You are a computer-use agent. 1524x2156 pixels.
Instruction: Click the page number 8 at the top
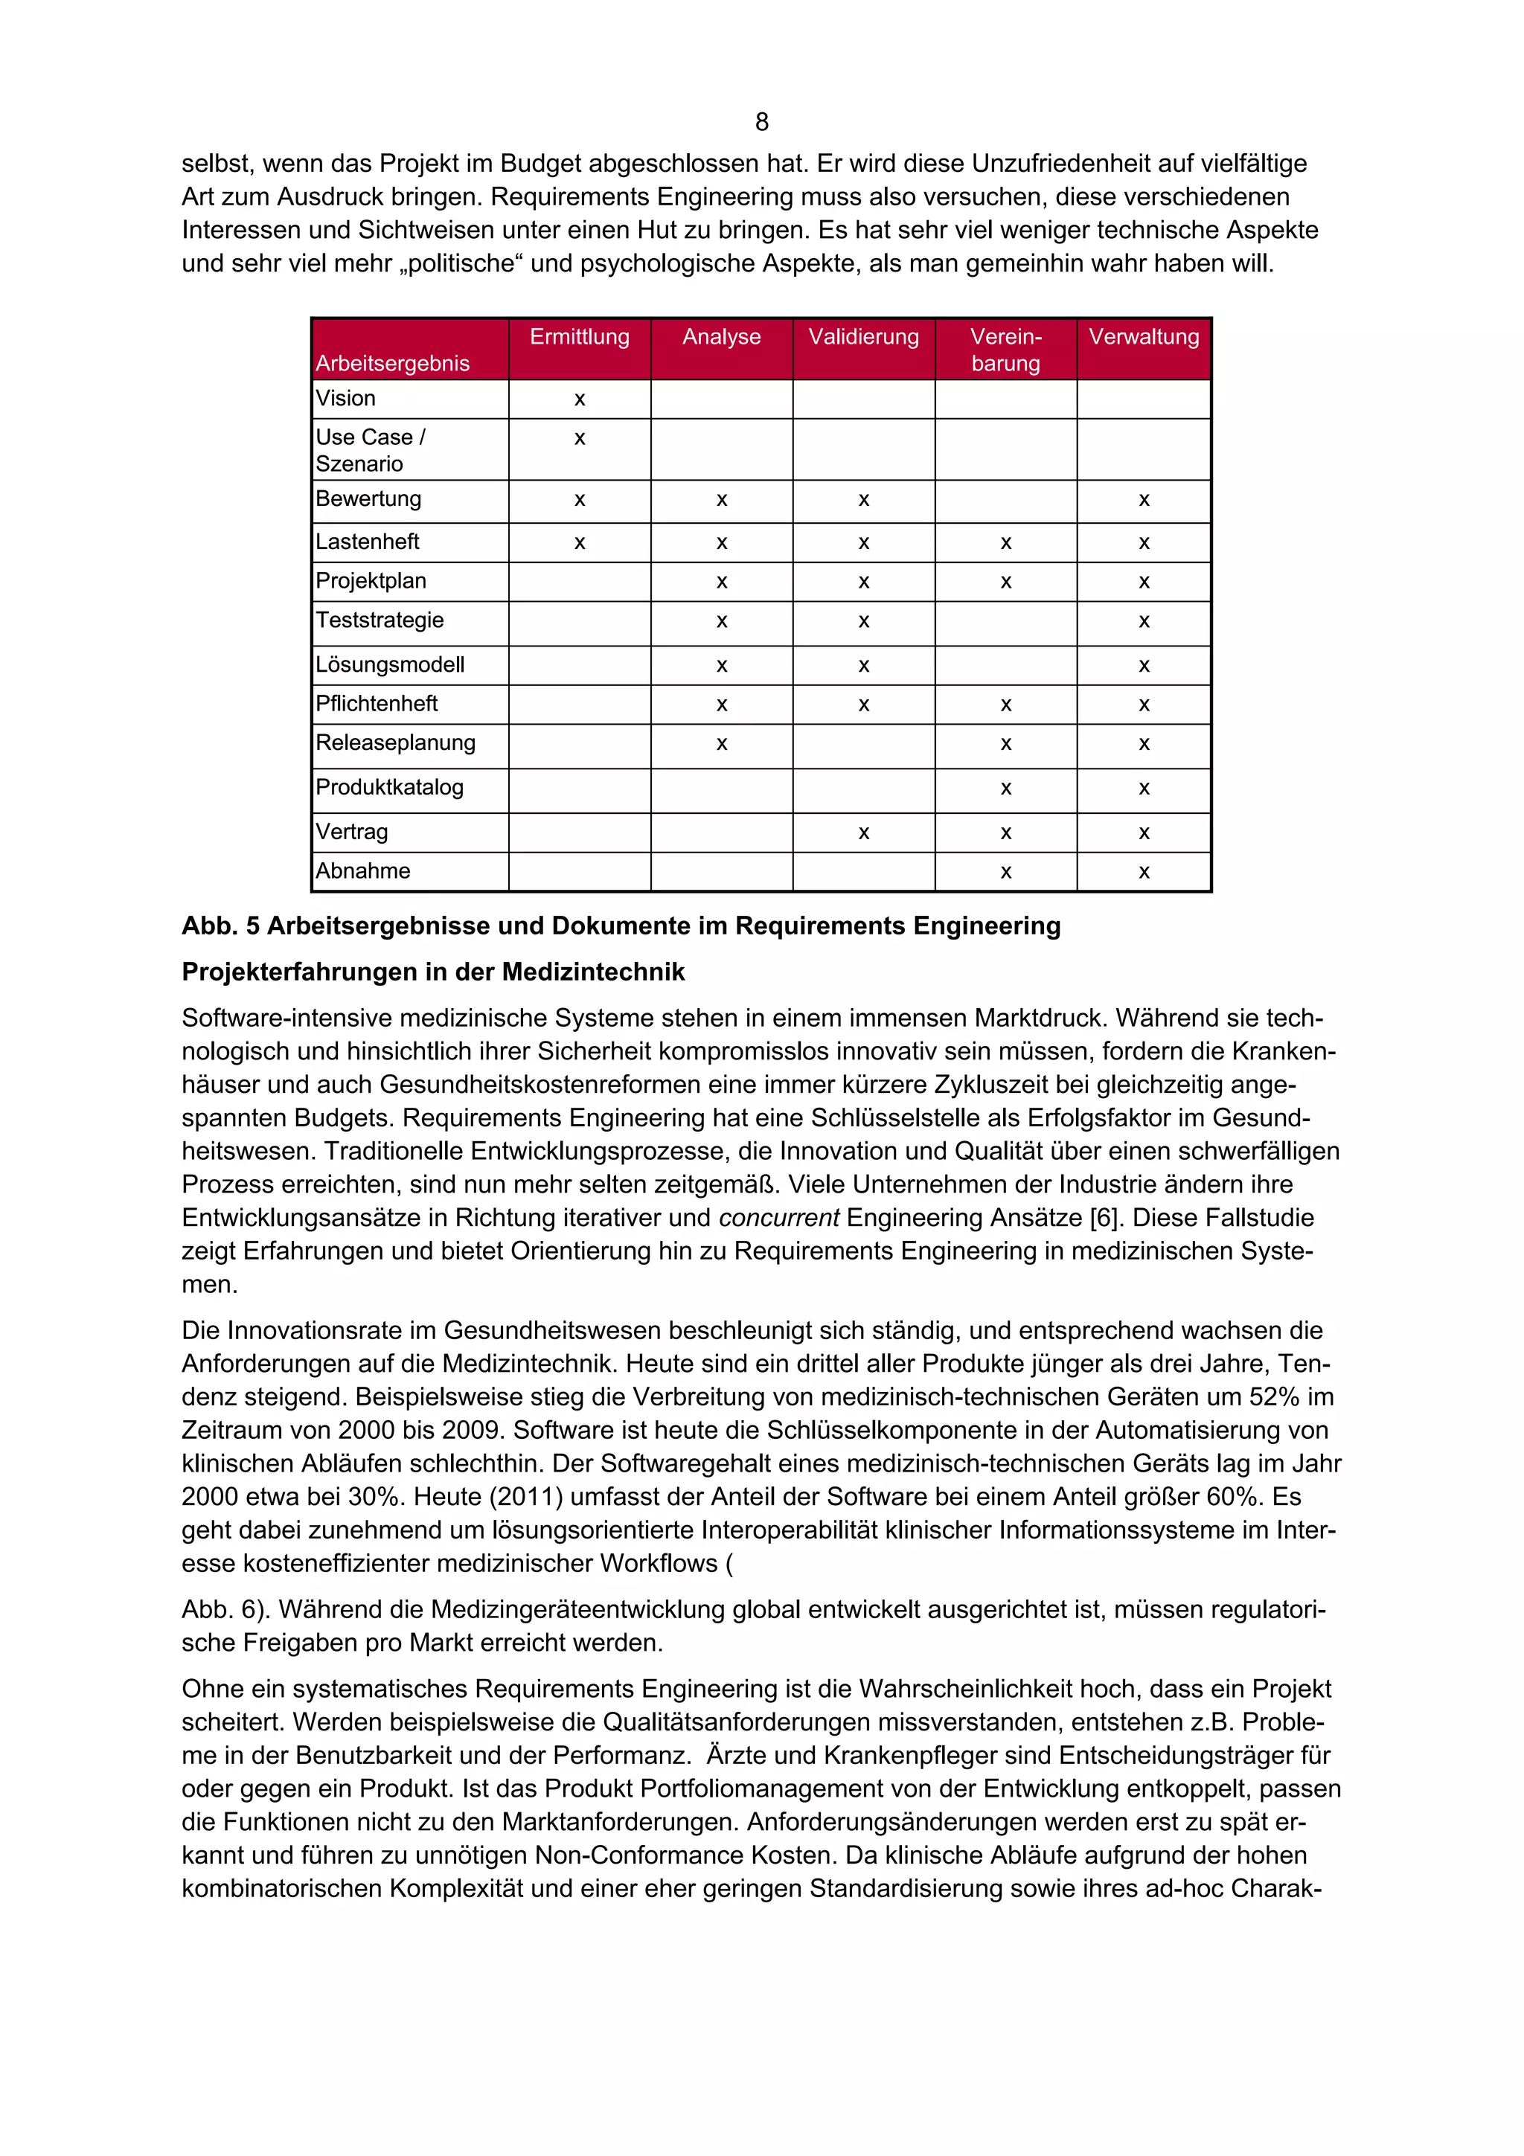761,122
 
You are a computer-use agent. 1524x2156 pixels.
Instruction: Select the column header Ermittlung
580,337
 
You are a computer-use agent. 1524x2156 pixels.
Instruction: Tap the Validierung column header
863,337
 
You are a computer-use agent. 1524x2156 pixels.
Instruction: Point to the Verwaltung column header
1144,337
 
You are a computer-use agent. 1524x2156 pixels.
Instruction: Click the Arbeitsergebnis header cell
392,363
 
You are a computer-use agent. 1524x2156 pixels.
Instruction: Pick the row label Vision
345,398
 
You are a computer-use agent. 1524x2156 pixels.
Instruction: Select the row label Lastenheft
367,542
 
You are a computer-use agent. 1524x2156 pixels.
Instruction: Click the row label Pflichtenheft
377,703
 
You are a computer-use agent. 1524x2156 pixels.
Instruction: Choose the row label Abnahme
362,870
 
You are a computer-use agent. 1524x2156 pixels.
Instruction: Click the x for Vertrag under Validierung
863,833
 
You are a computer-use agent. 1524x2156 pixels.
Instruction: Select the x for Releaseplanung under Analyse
721,745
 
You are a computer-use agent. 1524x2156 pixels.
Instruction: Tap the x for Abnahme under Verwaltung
1144,873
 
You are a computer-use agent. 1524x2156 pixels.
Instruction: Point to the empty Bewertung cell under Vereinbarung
1005,501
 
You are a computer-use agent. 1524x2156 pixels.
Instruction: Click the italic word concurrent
778,1218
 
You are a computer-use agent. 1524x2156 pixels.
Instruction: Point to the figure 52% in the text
1273,1397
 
